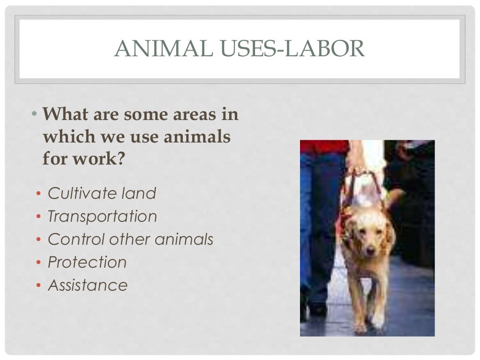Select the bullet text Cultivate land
(102, 193)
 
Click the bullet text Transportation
(102, 216)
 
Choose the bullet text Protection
(87, 262)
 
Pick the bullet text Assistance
(88, 285)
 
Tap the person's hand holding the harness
(357, 162)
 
